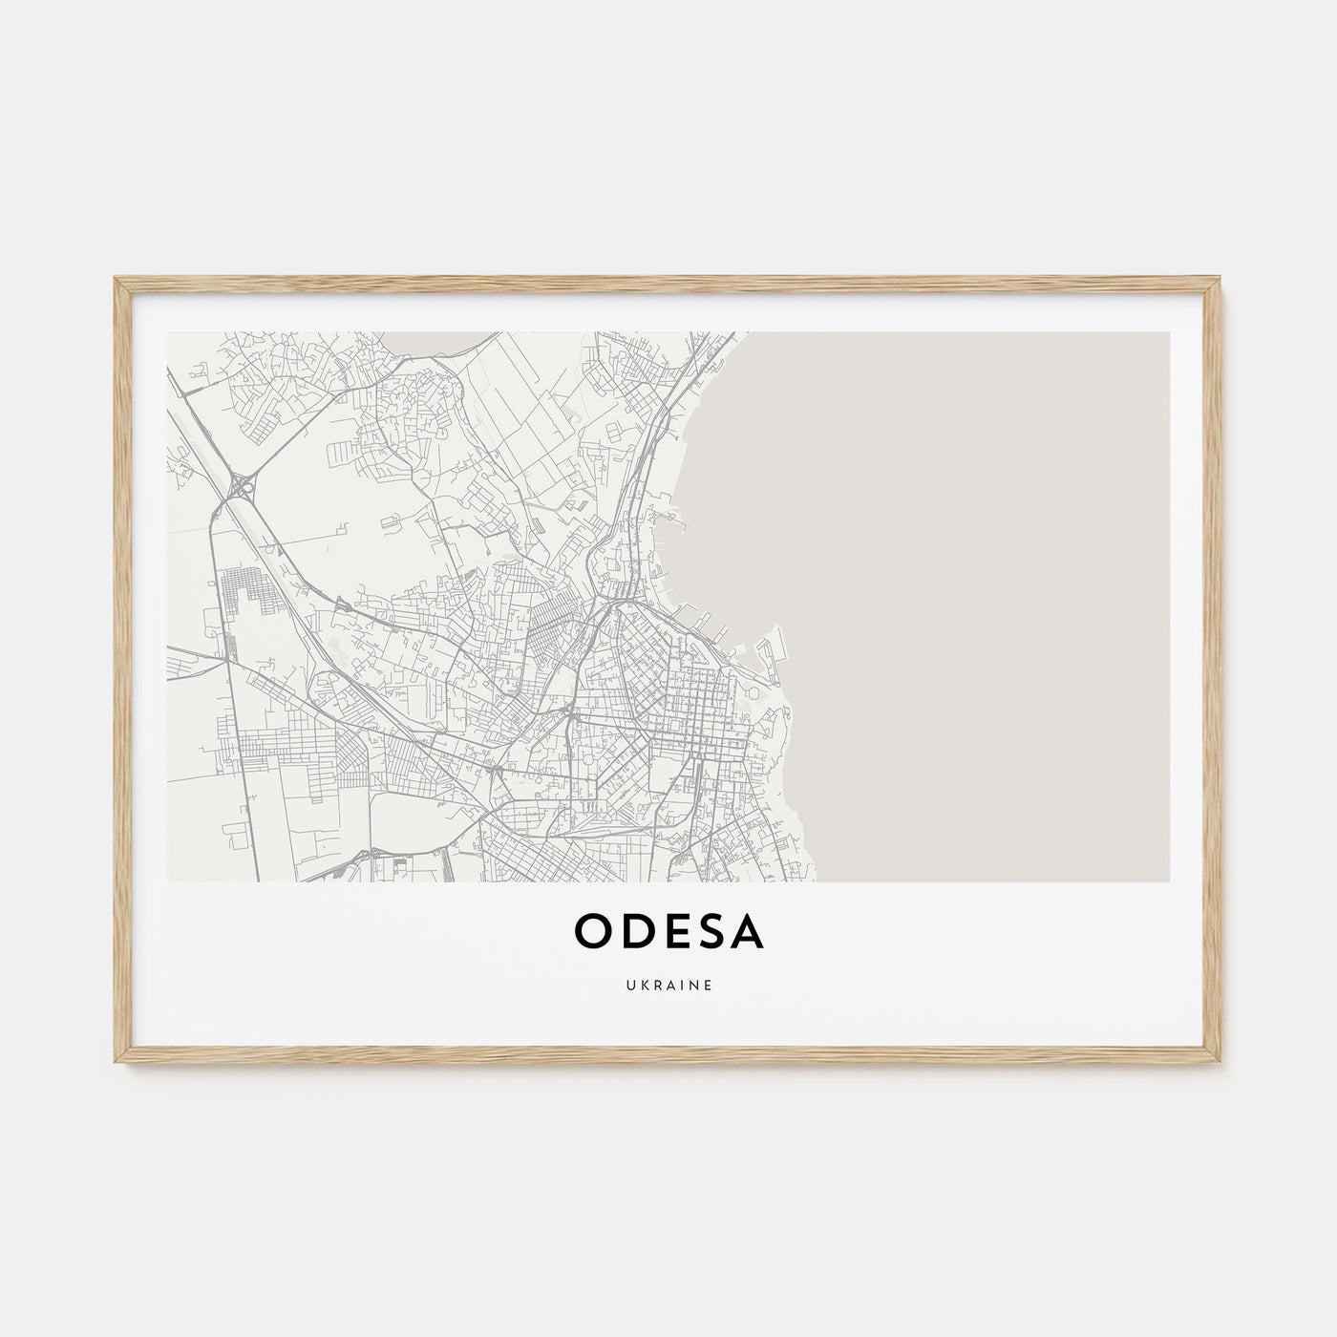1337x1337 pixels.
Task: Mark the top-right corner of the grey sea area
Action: coord(1167,334)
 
